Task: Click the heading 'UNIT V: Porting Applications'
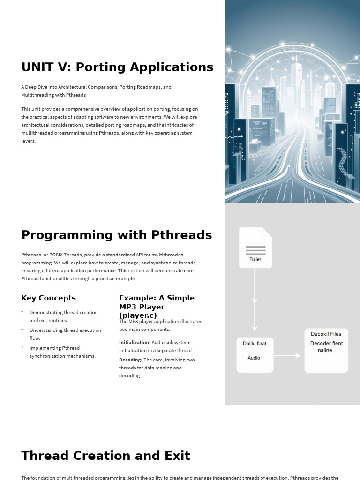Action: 117,67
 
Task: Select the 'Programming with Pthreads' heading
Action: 116,235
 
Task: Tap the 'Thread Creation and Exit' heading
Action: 105,456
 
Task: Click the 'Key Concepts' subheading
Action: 48,298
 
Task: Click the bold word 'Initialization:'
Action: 135,342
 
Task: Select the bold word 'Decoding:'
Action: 130,360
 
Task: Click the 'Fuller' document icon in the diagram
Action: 255,248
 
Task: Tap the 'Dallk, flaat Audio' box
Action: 255,355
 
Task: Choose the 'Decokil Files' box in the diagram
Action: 326,351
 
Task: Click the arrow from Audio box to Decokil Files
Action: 287,356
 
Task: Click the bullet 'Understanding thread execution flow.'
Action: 65,334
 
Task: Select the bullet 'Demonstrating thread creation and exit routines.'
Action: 63,316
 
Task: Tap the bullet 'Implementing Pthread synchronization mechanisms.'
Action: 62,352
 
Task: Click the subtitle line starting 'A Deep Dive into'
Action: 96,87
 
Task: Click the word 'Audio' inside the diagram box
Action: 254,358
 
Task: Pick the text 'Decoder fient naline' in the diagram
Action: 326,346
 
